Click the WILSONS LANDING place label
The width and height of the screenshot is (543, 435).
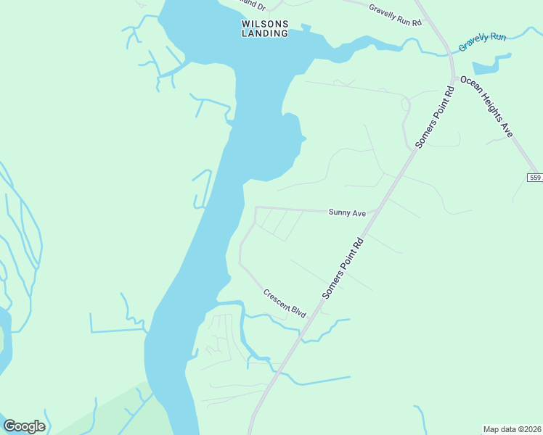coord(265,28)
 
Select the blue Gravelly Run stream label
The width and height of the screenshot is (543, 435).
coord(482,41)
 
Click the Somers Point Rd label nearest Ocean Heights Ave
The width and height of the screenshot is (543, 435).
coord(435,117)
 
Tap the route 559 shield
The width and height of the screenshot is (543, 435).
coord(535,178)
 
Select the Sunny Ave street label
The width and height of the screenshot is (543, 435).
coord(347,213)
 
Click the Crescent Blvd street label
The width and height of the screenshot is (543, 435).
coord(285,303)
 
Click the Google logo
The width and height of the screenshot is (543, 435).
coord(24,426)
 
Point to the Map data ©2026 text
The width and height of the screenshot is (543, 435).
coord(511,429)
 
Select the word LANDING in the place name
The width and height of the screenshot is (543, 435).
coord(265,33)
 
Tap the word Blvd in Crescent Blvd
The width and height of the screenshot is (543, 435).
coord(297,311)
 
